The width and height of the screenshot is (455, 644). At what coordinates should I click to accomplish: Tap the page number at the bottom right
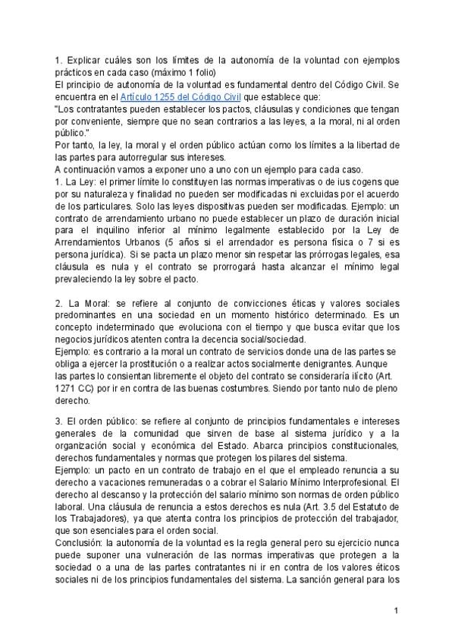tap(396, 611)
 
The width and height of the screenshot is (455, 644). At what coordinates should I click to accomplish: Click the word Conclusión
tap(80, 545)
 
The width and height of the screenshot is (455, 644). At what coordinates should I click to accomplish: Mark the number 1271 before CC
tap(67, 388)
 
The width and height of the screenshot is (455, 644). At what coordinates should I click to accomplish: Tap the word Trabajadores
tap(102, 519)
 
